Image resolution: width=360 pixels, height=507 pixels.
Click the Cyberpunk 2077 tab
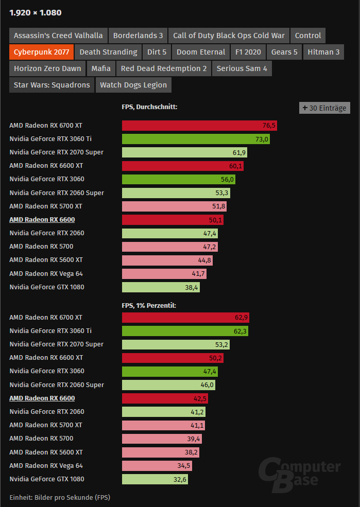pos(42,52)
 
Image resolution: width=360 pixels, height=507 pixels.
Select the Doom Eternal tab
pos(201,52)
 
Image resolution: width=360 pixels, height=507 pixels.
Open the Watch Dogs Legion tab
pos(133,85)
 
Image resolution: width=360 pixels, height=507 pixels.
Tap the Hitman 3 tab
pos(323,52)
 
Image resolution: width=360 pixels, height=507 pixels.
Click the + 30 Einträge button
pos(324,108)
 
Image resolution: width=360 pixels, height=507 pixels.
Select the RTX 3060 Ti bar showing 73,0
pos(196,139)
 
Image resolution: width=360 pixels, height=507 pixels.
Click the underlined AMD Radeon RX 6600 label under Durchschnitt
pos(42,220)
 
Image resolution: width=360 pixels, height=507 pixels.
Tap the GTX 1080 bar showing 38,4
pos(161,287)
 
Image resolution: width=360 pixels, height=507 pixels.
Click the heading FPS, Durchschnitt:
pos(149,107)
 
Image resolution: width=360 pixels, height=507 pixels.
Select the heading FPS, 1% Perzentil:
pos(149,305)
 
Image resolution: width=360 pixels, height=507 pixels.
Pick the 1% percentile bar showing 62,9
pos(185,318)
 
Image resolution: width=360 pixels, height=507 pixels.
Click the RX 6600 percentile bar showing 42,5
pos(165,398)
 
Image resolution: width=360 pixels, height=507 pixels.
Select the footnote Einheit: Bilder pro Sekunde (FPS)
pos(60,497)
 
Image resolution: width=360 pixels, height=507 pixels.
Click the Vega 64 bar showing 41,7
pos(164,273)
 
